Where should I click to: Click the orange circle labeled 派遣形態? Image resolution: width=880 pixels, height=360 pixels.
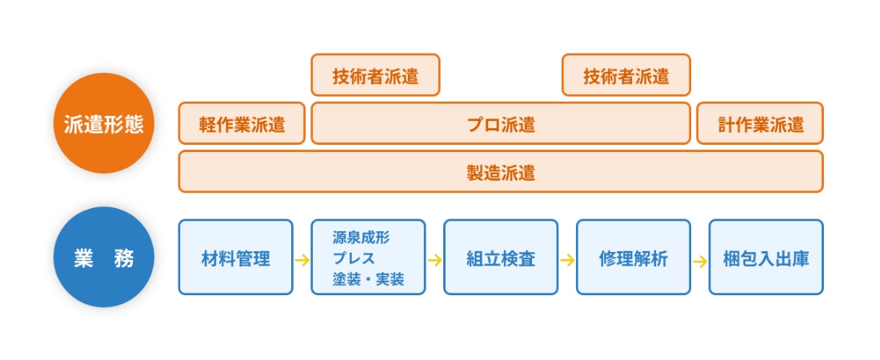coord(104,123)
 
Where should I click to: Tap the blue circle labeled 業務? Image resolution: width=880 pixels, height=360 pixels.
coord(104,258)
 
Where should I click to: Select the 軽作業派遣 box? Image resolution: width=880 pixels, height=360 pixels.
coord(242,124)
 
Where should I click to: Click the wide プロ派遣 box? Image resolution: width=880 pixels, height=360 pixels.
coord(500,124)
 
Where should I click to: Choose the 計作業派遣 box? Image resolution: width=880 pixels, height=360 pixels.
coord(760,124)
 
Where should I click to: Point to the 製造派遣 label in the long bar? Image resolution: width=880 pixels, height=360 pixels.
coord(500,172)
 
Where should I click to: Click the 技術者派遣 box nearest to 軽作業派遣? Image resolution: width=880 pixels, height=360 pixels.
coord(375,76)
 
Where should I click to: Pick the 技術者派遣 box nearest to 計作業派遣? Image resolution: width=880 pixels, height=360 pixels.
coord(626,76)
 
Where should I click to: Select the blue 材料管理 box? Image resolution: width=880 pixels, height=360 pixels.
coord(235,258)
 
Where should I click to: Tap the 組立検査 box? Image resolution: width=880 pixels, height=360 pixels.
coord(500,258)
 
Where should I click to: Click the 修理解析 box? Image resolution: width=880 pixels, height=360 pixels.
coord(633,258)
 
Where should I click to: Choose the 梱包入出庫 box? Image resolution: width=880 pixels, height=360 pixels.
coord(766,258)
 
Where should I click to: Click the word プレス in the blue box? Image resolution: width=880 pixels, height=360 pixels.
coord(354,258)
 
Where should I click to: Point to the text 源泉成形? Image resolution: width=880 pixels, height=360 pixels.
coord(361,238)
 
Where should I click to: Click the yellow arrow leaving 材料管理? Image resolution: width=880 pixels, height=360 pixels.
coord(302,259)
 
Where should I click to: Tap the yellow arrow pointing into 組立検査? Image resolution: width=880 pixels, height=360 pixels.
coord(434,259)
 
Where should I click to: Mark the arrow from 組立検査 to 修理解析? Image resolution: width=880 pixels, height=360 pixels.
coord(567,259)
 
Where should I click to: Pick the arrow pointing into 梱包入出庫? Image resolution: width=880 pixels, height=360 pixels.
coord(699,259)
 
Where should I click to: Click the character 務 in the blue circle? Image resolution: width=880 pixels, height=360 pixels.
coord(124,258)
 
